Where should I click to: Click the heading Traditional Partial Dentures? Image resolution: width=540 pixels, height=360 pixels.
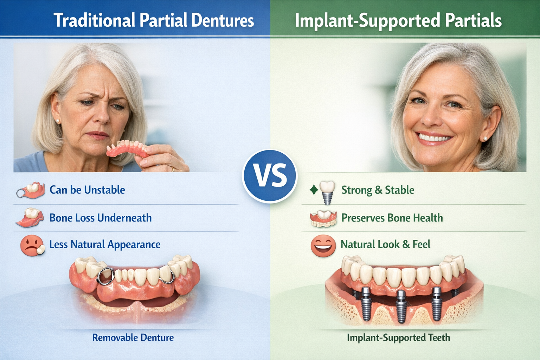154,20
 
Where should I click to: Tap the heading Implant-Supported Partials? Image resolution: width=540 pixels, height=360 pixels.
398,20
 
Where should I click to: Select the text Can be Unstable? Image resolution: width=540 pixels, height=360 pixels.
87,190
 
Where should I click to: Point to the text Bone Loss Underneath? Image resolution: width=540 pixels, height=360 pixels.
100,218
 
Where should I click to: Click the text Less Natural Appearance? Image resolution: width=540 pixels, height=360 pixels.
104,244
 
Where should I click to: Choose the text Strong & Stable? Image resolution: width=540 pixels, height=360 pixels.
378,190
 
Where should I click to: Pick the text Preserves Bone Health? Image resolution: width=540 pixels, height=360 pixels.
392,218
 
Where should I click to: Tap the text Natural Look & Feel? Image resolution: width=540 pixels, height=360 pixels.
385,244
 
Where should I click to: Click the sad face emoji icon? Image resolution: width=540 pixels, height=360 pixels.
31,245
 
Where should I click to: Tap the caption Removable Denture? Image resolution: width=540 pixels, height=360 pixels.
133,338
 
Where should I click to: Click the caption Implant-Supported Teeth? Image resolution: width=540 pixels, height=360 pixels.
398,338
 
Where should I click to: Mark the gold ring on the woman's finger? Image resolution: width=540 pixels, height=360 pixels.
173,169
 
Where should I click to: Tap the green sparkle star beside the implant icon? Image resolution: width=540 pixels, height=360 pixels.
313,190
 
